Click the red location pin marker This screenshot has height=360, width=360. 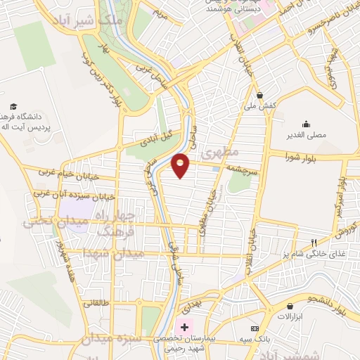pyautogui.click(x=181, y=165)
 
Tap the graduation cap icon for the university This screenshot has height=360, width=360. pyautogui.click(x=13, y=106)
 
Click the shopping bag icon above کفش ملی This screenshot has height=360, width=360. pyautogui.click(x=260, y=94)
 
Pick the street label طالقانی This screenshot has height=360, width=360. pyautogui.click(x=97, y=304)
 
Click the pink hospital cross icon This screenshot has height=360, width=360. pyautogui.click(x=185, y=327)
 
